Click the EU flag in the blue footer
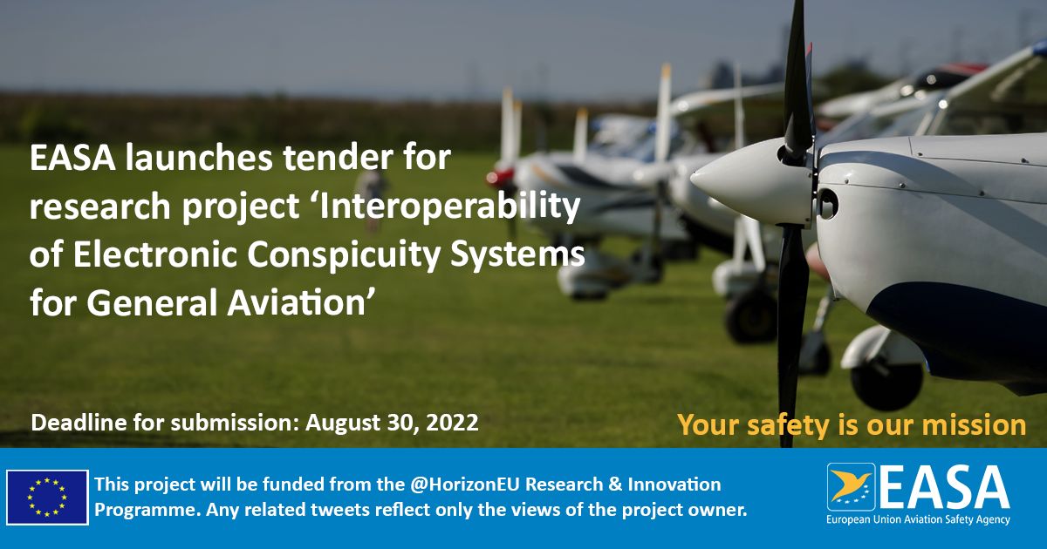pos(47,498)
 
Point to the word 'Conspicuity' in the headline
pos(344,255)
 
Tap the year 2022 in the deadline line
pos(453,423)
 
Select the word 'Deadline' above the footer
pos(79,423)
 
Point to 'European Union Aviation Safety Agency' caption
pos(918,519)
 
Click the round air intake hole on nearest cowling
pos(827,204)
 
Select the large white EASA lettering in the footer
pos(944,487)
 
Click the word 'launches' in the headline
pos(198,158)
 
